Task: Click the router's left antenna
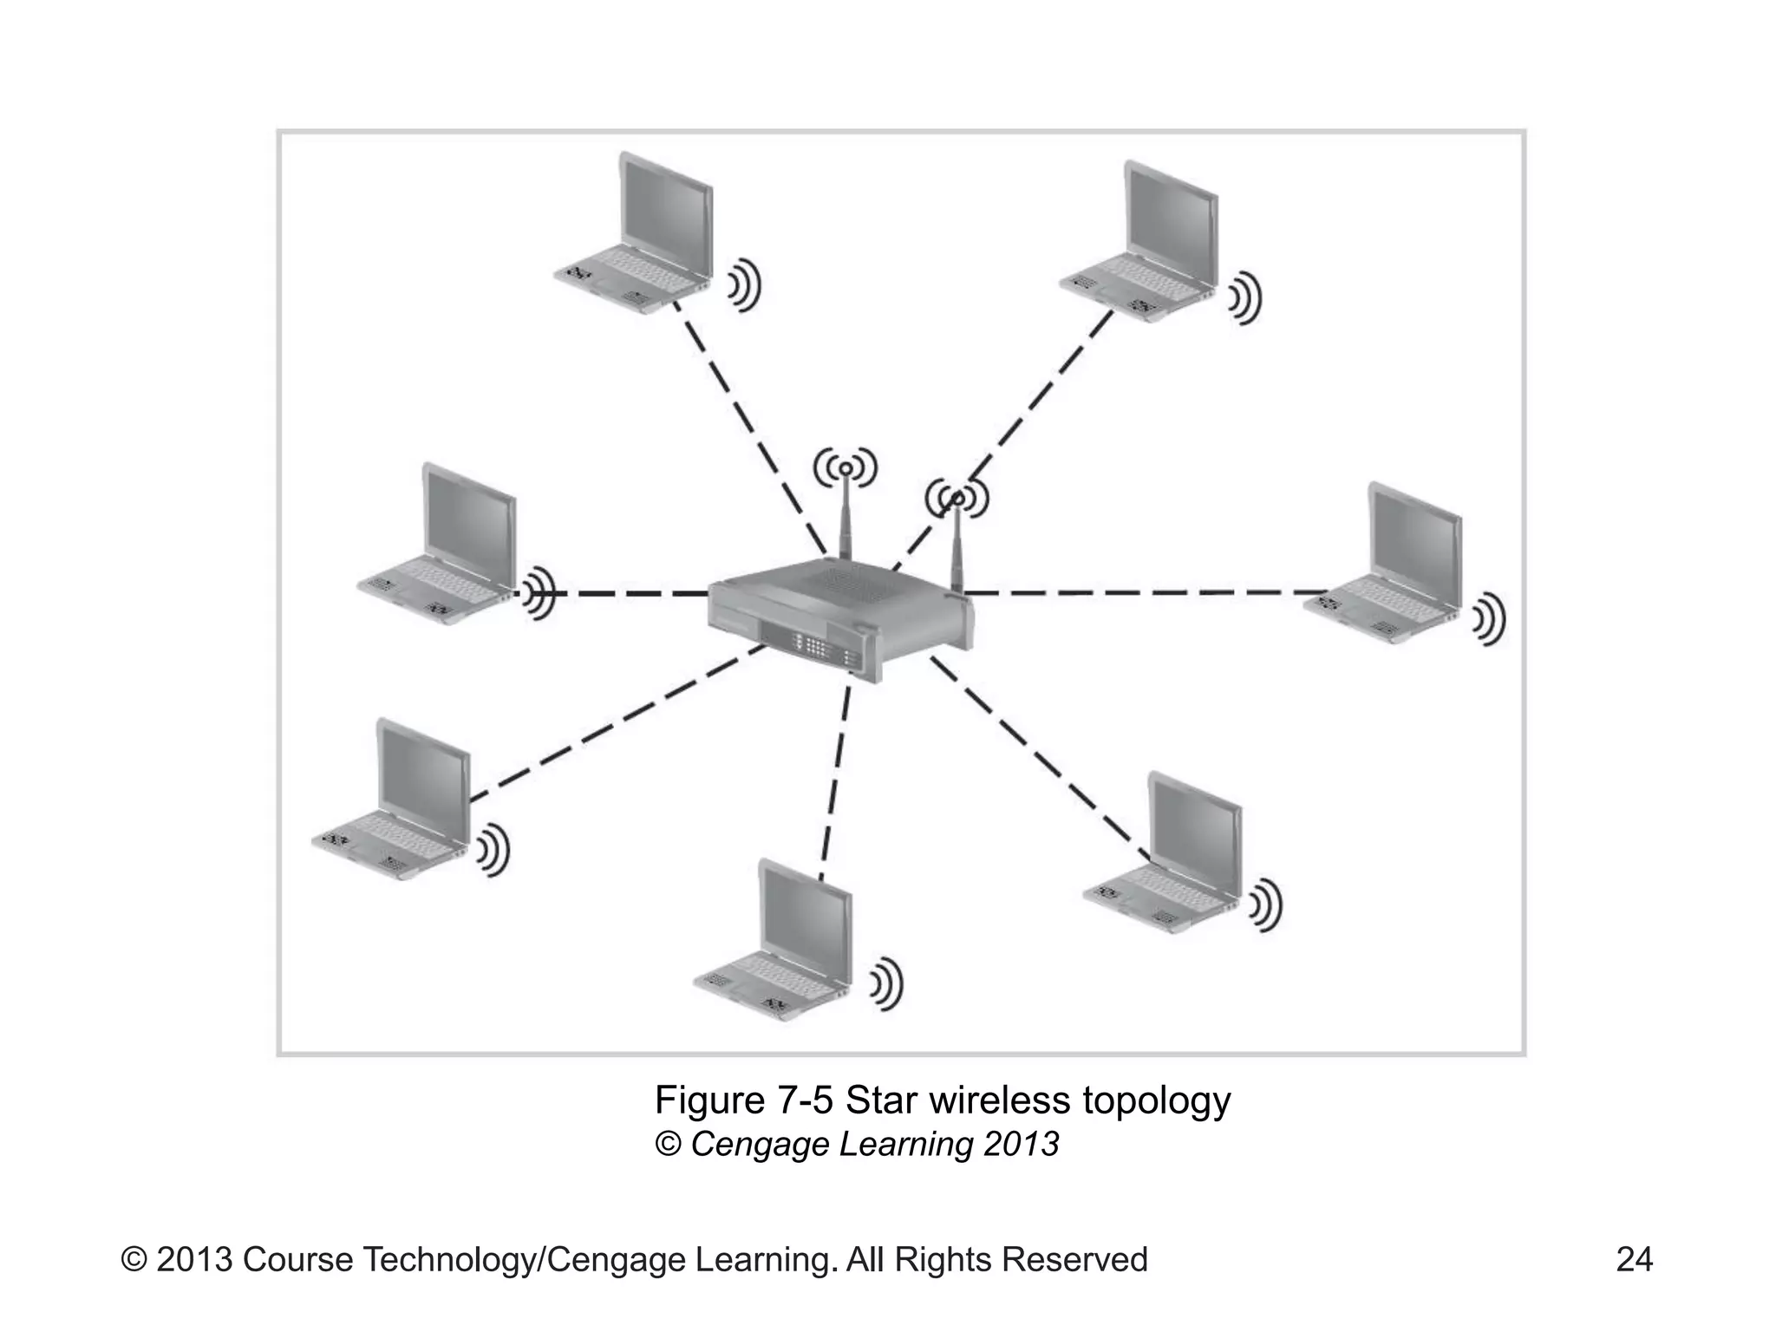point(844,512)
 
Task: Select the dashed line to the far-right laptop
point(1136,593)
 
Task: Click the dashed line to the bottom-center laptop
point(834,772)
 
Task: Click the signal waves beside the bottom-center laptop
point(886,983)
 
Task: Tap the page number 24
point(1634,1259)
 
